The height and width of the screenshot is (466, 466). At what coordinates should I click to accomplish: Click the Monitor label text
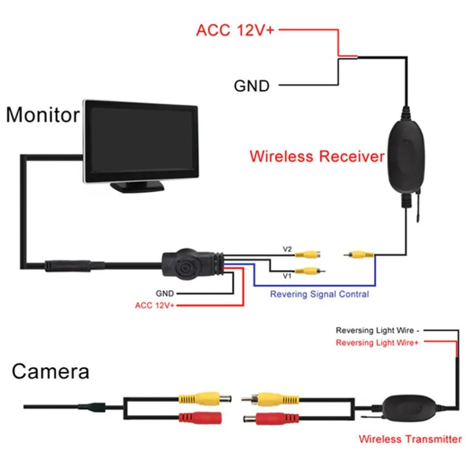pos(43,115)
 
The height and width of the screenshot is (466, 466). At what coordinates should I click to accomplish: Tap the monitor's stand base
pos(137,187)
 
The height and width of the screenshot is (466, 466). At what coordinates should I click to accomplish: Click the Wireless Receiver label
pos(317,156)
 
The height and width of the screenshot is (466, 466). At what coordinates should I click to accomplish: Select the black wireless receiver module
pos(406,157)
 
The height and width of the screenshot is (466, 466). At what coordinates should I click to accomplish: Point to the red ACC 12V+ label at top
pos(235,30)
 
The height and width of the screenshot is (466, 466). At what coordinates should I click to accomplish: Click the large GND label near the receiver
pos(252,86)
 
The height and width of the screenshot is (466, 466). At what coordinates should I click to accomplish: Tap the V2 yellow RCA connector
pos(308,254)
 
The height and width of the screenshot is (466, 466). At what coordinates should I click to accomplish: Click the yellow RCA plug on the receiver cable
pos(359,254)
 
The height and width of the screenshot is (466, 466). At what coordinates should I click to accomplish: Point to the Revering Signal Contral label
pos(320,294)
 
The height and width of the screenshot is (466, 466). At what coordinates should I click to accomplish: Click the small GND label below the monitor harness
pos(164,294)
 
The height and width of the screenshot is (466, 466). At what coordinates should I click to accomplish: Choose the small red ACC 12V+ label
pos(155,305)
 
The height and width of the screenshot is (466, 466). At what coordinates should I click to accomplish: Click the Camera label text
pos(50,371)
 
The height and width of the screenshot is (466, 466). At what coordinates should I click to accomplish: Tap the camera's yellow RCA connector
pos(205,398)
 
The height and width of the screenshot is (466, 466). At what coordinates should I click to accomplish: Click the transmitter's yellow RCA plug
pos(270,399)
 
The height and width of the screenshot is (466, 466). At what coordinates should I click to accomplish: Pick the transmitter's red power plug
pos(270,419)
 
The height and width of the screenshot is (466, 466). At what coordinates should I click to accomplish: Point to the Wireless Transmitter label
pos(410,439)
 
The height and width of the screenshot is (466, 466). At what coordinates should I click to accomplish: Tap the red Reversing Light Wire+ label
pos(377,343)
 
